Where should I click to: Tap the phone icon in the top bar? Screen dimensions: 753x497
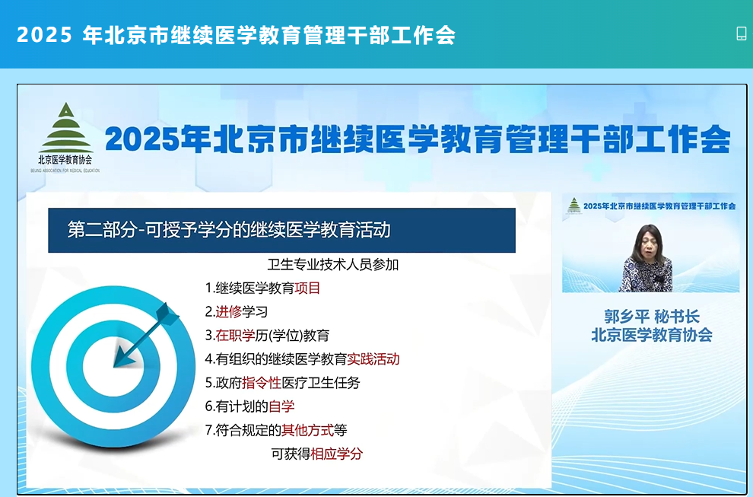(x=742, y=33)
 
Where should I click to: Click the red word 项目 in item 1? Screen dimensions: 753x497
(x=307, y=288)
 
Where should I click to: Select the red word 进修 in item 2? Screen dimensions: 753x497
(x=229, y=311)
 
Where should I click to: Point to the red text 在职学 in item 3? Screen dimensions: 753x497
(x=235, y=335)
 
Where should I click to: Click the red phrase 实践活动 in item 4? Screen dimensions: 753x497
(x=373, y=359)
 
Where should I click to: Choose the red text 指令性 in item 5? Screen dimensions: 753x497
(x=262, y=383)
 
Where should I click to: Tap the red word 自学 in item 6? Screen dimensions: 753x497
(x=281, y=406)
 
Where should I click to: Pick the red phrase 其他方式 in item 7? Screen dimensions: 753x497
(x=307, y=430)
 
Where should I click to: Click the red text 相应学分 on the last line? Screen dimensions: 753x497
(x=337, y=454)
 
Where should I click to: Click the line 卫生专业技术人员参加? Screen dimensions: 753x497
(x=333, y=264)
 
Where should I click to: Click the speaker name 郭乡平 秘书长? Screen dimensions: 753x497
(x=652, y=317)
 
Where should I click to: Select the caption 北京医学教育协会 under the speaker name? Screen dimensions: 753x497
(x=652, y=335)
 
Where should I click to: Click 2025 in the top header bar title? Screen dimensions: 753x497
(x=44, y=34)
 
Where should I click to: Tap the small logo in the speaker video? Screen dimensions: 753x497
(x=573, y=205)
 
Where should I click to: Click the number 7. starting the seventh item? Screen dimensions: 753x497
(x=210, y=430)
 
